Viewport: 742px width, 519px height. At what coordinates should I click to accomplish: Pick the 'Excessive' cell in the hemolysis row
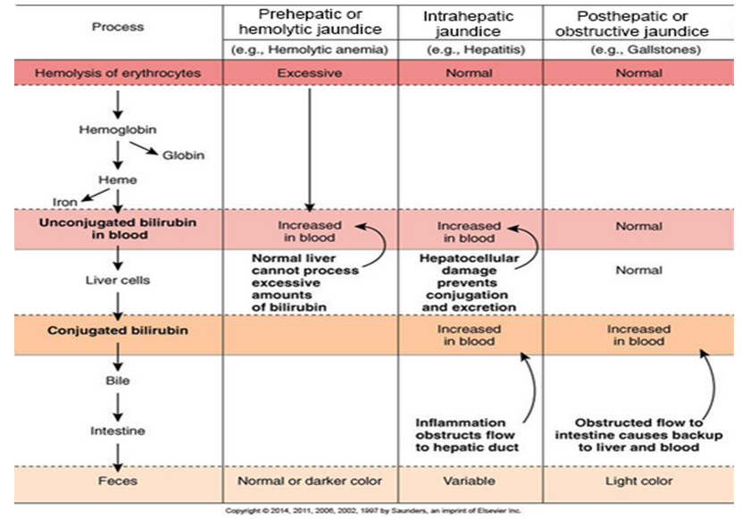309,71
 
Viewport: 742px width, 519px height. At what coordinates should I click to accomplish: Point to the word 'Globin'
183,155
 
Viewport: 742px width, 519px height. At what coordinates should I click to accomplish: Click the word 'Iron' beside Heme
66,202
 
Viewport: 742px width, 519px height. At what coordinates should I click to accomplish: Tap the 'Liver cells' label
117,279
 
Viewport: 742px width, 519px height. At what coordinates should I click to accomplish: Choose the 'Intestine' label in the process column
117,430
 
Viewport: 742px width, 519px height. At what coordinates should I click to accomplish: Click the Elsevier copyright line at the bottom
371,511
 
